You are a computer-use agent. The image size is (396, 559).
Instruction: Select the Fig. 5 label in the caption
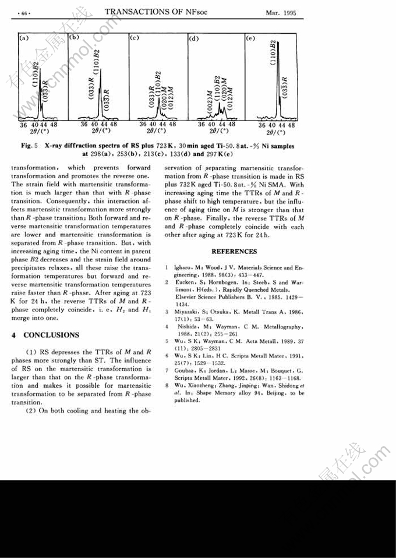30,146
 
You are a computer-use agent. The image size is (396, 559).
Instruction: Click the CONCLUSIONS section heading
50,335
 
